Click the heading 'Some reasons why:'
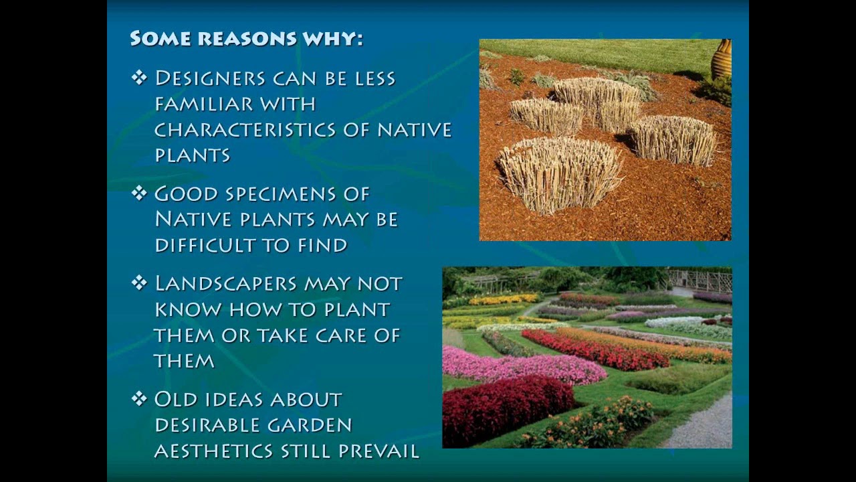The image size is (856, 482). pyautogui.click(x=246, y=38)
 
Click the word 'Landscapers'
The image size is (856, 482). pyautogui.click(x=225, y=284)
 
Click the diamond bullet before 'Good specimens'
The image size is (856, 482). pyautogui.click(x=138, y=193)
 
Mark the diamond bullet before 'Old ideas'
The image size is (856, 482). pyautogui.click(x=138, y=399)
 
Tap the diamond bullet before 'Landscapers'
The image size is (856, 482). pyautogui.click(x=138, y=283)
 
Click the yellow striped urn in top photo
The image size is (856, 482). pyautogui.click(x=721, y=59)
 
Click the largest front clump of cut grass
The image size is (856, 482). pyautogui.click(x=559, y=174)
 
